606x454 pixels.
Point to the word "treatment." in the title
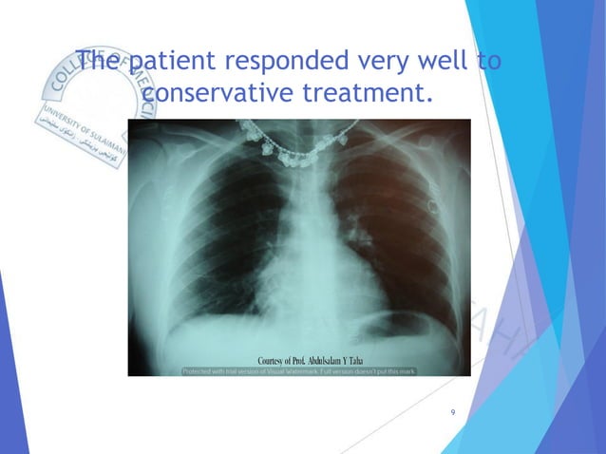(x=368, y=95)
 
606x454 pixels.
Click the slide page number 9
(x=453, y=412)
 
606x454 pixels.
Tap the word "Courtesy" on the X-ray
(x=275, y=361)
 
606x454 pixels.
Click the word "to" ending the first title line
(x=489, y=63)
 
